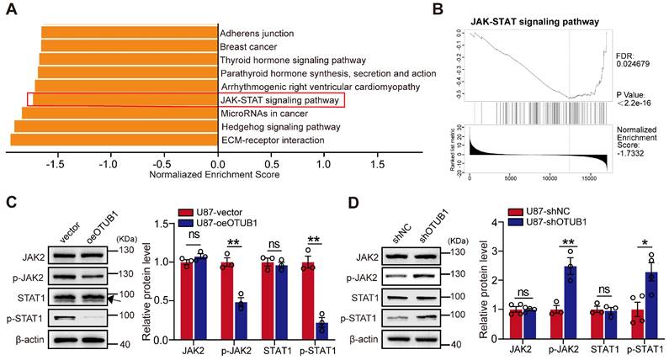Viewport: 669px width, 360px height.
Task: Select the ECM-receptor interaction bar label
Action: click(x=271, y=140)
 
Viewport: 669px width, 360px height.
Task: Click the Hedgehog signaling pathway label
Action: click(x=279, y=126)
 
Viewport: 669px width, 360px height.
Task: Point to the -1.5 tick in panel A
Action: click(x=56, y=165)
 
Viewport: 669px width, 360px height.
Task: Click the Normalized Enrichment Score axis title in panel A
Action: click(x=214, y=176)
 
